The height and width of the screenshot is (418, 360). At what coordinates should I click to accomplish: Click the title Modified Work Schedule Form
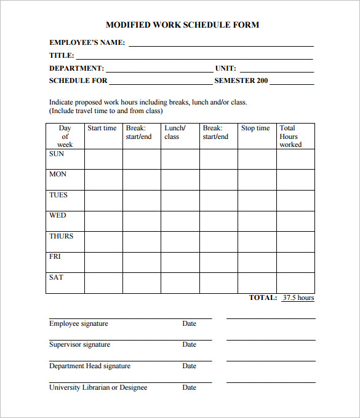tap(182, 25)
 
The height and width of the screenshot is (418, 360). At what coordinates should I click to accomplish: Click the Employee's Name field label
tap(87, 43)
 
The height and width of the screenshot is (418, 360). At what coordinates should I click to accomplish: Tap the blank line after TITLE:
tap(194, 56)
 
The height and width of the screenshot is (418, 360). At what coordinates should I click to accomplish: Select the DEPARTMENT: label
tap(76, 69)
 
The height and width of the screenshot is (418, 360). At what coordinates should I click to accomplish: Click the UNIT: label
tap(225, 69)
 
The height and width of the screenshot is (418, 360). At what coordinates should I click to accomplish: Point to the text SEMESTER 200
tap(241, 81)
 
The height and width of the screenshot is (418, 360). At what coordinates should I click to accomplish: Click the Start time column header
tap(102, 128)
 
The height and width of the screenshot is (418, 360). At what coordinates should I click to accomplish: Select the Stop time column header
tap(255, 128)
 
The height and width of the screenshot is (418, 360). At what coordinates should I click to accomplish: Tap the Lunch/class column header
tap(175, 132)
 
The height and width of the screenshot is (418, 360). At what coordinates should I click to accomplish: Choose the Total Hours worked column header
tap(290, 136)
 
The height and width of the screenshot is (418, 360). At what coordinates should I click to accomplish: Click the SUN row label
tap(57, 154)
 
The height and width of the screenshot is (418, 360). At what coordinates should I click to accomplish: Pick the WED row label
tap(57, 216)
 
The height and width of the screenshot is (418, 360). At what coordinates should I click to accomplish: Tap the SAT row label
tap(56, 278)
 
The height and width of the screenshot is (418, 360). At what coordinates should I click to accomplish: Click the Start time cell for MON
tap(103, 179)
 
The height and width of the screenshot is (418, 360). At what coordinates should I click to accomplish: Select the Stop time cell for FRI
tap(257, 262)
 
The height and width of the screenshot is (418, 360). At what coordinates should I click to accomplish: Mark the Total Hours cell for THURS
tap(295, 242)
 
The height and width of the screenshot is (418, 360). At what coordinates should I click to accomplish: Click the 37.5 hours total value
tap(298, 298)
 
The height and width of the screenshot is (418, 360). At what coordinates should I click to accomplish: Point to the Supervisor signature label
tap(79, 345)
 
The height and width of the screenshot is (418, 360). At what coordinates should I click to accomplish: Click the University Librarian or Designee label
tap(98, 388)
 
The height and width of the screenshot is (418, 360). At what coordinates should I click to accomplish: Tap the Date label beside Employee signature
tap(189, 324)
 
